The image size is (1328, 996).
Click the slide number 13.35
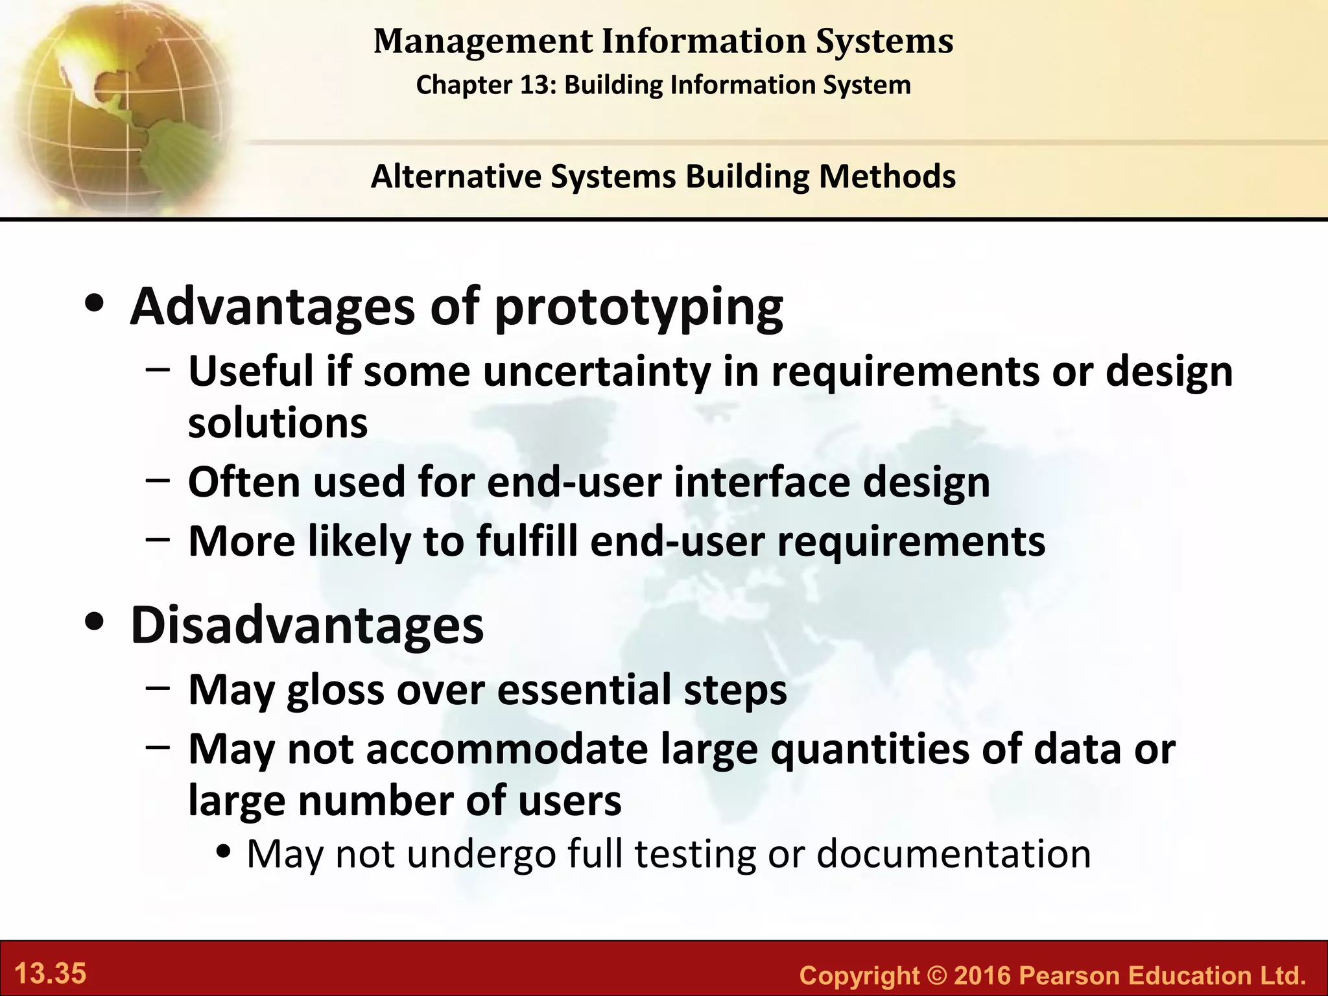click(x=50, y=974)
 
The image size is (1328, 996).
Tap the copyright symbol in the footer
click(x=936, y=975)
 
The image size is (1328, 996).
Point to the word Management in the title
click(x=483, y=41)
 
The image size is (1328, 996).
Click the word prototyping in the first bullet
click(x=639, y=307)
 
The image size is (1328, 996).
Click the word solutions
click(x=278, y=423)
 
